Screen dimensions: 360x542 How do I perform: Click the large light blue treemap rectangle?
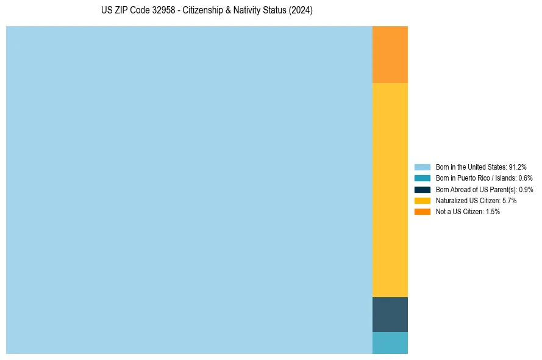189,190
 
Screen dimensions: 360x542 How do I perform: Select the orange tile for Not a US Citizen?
390,54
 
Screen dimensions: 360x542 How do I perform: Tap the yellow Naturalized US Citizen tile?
390,190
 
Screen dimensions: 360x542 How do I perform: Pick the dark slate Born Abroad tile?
390,314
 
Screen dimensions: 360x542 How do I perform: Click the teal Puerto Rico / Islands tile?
390,343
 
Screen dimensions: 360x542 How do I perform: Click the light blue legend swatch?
423,167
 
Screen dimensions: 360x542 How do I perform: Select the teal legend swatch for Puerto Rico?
423,178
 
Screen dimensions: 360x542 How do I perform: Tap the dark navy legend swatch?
423,189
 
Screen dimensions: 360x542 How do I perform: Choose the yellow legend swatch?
423,200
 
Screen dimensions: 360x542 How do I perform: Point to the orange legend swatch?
423,211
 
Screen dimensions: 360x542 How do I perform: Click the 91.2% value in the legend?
518,167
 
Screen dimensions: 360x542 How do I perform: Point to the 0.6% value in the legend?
526,178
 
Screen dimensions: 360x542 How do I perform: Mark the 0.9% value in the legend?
526,189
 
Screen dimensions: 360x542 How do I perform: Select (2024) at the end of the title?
301,11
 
